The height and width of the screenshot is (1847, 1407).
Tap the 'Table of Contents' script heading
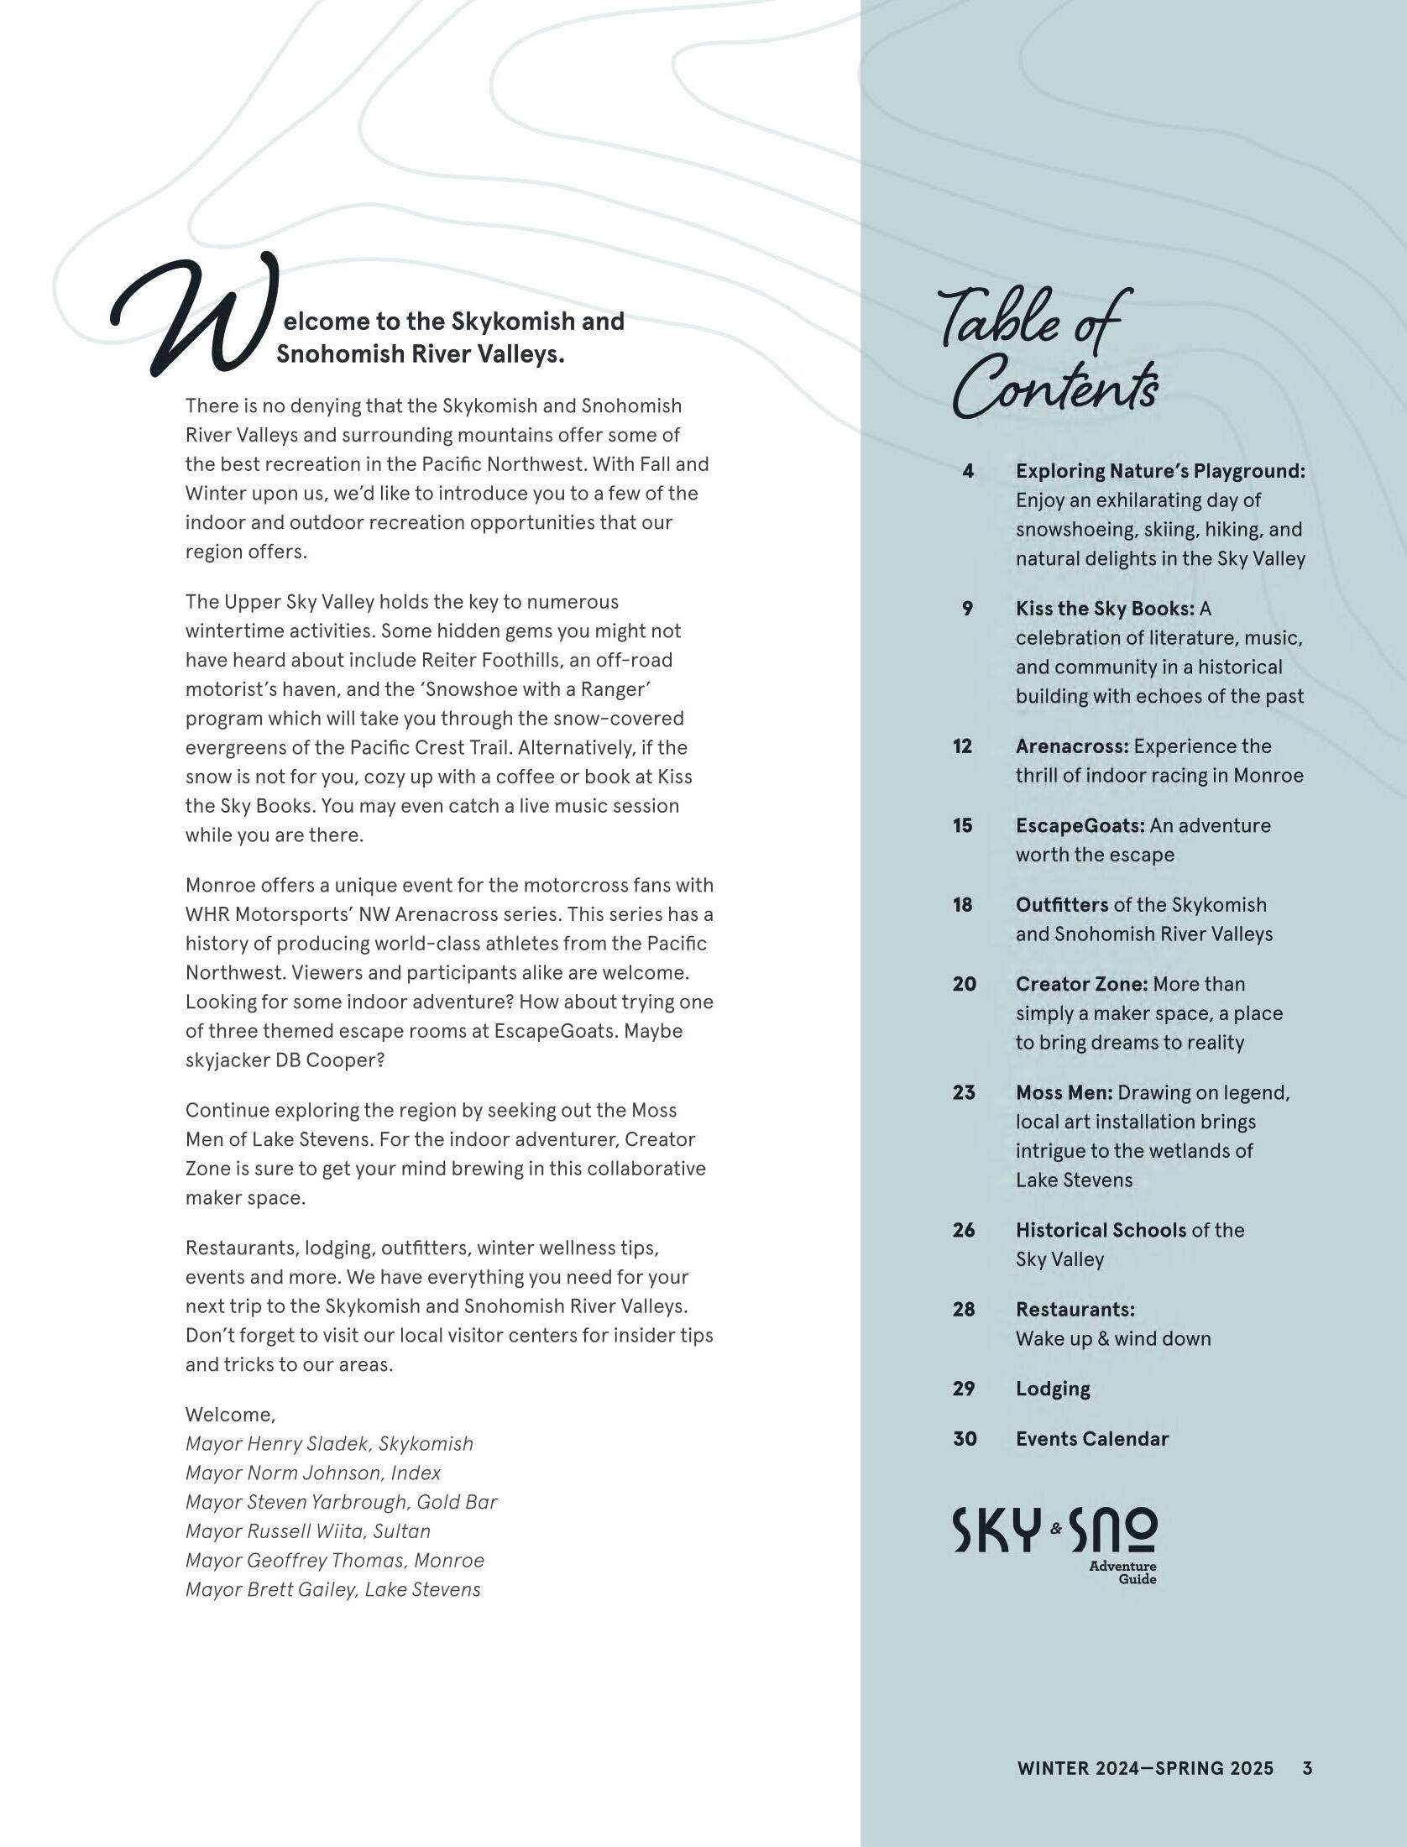pos(1049,353)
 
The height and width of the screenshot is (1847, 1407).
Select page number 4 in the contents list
pos(968,471)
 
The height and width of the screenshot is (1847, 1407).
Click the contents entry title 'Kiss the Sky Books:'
pos(1105,609)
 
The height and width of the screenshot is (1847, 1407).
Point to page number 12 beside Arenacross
pos(963,746)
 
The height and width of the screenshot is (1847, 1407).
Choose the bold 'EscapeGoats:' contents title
pos(1080,825)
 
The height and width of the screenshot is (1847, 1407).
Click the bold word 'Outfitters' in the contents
pos(1062,905)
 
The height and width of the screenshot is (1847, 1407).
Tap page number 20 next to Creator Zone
pos(965,984)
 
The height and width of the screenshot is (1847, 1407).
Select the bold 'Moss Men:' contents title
pos(1064,1092)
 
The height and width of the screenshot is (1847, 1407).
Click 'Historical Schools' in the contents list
pos(1101,1230)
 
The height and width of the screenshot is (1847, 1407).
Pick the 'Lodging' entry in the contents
pos(1053,1389)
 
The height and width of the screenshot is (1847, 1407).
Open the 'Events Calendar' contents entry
pos(1091,1439)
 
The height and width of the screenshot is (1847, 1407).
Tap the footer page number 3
pos(1307,1768)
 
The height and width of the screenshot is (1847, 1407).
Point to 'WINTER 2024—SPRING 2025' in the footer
pos(1145,1768)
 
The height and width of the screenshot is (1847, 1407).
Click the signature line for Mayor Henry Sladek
pos(329,1444)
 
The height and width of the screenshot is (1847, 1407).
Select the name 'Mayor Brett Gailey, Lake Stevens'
pos(333,1590)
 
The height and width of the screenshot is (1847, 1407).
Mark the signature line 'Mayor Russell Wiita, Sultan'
pos(308,1531)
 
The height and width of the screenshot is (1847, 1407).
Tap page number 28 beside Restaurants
pos(965,1310)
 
